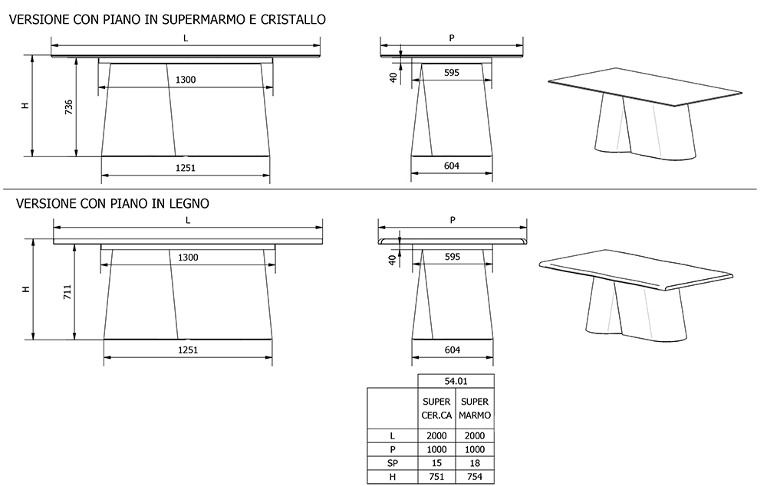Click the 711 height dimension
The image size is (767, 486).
pyautogui.click(x=68, y=291)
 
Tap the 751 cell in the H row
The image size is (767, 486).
pyautogui.click(x=436, y=477)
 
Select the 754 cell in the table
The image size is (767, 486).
pyautogui.click(x=475, y=477)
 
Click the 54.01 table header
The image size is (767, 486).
pyautogui.click(x=456, y=380)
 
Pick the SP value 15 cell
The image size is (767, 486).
pyautogui.click(x=436, y=463)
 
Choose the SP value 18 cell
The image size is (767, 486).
pyautogui.click(x=475, y=463)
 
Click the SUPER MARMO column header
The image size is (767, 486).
pyautogui.click(x=475, y=408)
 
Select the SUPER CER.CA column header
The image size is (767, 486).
pyautogui.click(x=436, y=408)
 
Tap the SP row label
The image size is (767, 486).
pyautogui.click(x=392, y=463)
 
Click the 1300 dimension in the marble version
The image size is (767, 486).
pyautogui.click(x=185, y=80)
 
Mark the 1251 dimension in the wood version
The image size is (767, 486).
pyautogui.click(x=188, y=350)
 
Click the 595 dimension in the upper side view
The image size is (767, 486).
pyautogui.click(x=451, y=72)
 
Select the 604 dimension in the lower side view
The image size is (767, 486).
pyautogui.click(x=452, y=350)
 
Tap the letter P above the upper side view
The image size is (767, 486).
pyautogui.click(x=452, y=38)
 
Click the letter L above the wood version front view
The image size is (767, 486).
pyautogui.click(x=188, y=219)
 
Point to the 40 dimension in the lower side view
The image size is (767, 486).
pyautogui.click(x=393, y=261)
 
